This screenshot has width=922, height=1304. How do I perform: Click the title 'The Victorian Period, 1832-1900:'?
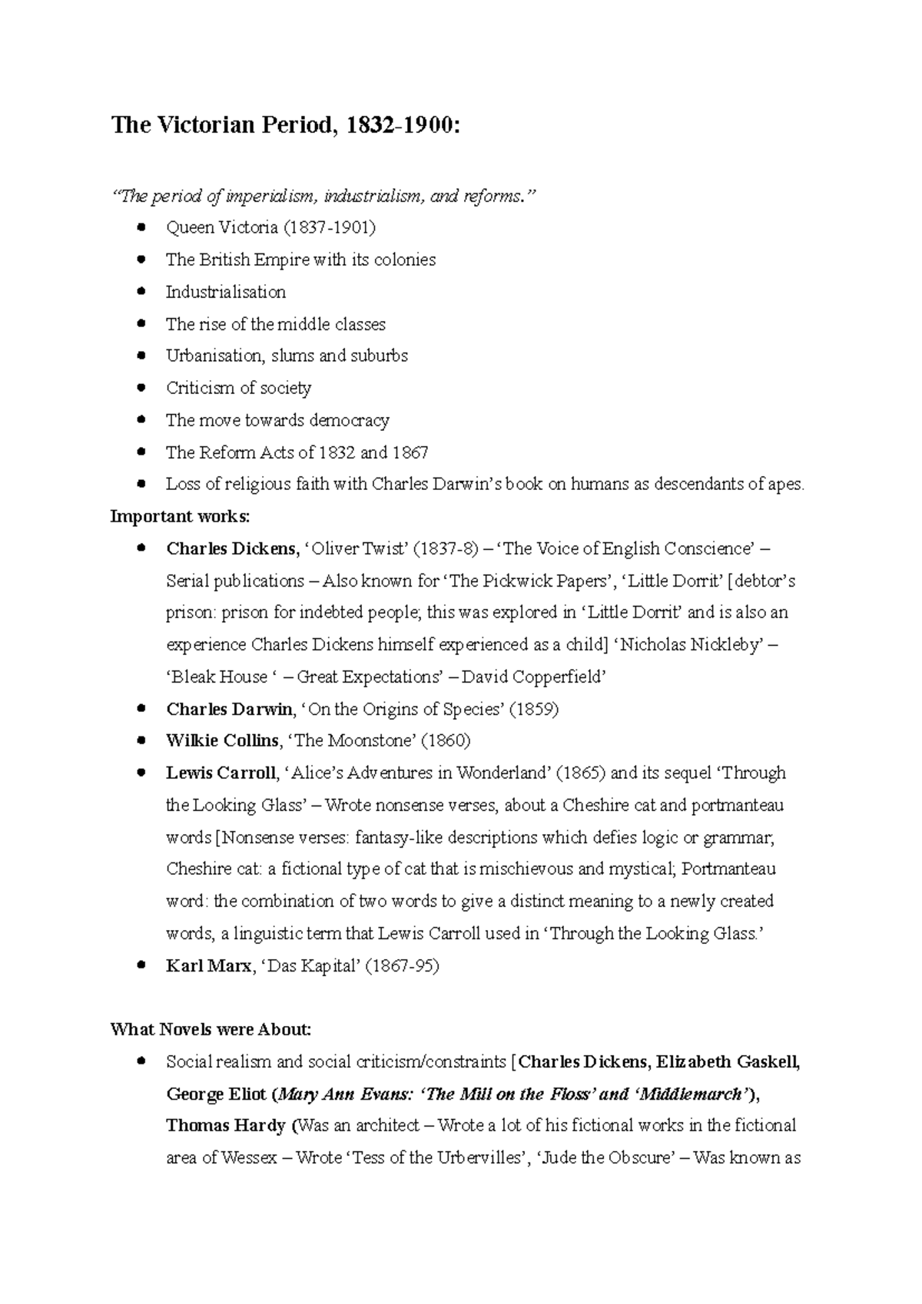pyautogui.click(x=286, y=125)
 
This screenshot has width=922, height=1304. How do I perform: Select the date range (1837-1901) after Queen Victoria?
pyautogui.click(x=330, y=228)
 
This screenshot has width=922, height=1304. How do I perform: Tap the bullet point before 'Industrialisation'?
pyautogui.click(x=140, y=292)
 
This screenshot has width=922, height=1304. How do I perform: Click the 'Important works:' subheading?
pyautogui.click(x=181, y=517)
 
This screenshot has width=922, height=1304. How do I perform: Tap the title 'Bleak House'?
pyautogui.click(x=218, y=677)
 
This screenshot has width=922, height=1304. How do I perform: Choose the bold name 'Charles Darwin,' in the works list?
pyautogui.click(x=230, y=710)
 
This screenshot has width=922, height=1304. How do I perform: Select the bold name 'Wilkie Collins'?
pyautogui.click(x=222, y=742)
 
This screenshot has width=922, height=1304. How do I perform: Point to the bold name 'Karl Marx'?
pyautogui.click(x=208, y=967)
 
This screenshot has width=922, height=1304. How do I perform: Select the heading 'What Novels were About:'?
pyautogui.click(x=211, y=1030)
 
